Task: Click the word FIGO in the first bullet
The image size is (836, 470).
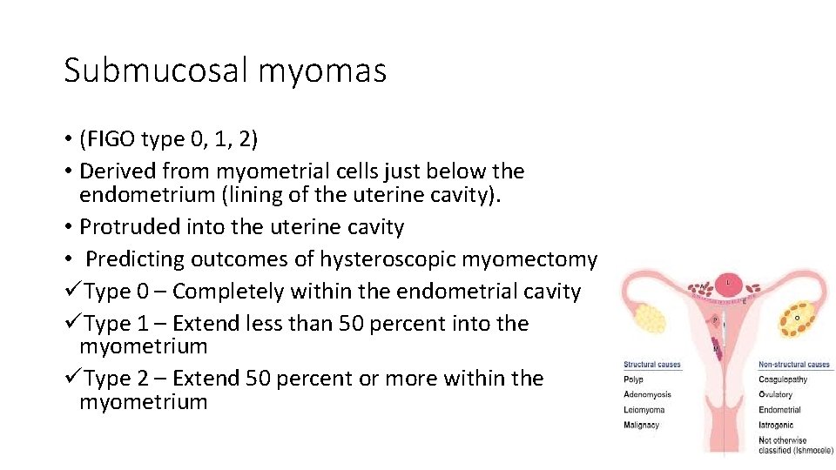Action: tap(111, 139)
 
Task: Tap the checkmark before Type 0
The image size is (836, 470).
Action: tap(72, 291)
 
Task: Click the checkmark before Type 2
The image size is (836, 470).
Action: tap(72, 379)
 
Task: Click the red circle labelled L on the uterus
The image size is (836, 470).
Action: tap(728, 283)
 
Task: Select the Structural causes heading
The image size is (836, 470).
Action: tap(651, 365)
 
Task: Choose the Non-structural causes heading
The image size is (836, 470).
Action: tap(793, 365)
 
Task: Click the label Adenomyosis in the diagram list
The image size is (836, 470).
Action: tap(647, 394)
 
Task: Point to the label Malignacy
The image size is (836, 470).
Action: tap(641, 425)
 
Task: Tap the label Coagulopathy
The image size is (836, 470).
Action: tap(783, 379)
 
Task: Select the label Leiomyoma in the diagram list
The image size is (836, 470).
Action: tap(644, 410)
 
